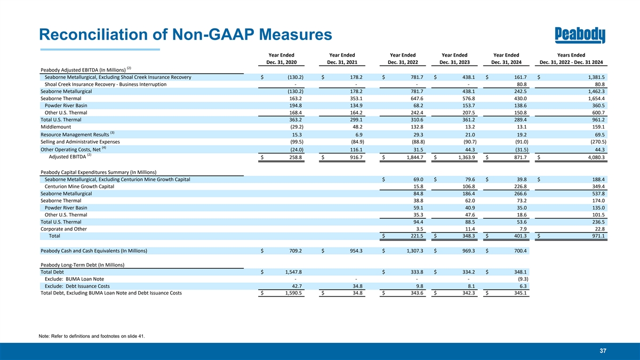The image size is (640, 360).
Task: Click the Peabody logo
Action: pos(580,35)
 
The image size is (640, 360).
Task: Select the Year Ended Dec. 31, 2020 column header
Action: pos(282,59)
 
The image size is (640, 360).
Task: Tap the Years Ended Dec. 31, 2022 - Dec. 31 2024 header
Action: pos(571,59)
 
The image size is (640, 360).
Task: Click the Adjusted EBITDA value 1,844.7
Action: pos(415,157)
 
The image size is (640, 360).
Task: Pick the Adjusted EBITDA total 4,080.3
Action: pos(596,157)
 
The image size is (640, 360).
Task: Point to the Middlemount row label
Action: pos(55,127)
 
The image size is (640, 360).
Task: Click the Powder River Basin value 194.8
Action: pos(295,106)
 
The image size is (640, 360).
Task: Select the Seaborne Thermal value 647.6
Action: pos(417,98)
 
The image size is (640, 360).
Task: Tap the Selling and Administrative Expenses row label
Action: pos(80,142)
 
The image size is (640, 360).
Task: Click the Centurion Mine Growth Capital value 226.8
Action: pos(520,186)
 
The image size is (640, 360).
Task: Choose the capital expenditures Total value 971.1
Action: pos(598,236)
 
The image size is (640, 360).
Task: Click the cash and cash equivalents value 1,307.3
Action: pos(415,251)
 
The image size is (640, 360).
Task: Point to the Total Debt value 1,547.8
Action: pos(293,272)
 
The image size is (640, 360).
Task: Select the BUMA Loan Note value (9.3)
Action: pos(523,279)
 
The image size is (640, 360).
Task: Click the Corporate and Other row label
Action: pos(63,229)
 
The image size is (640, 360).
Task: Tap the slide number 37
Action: pos(603,351)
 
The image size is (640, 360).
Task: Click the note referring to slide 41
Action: pos(92,337)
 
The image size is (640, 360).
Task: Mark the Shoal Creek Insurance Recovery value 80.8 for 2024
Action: pos(522,84)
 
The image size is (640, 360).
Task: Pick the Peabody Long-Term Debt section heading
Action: pos(82,265)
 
